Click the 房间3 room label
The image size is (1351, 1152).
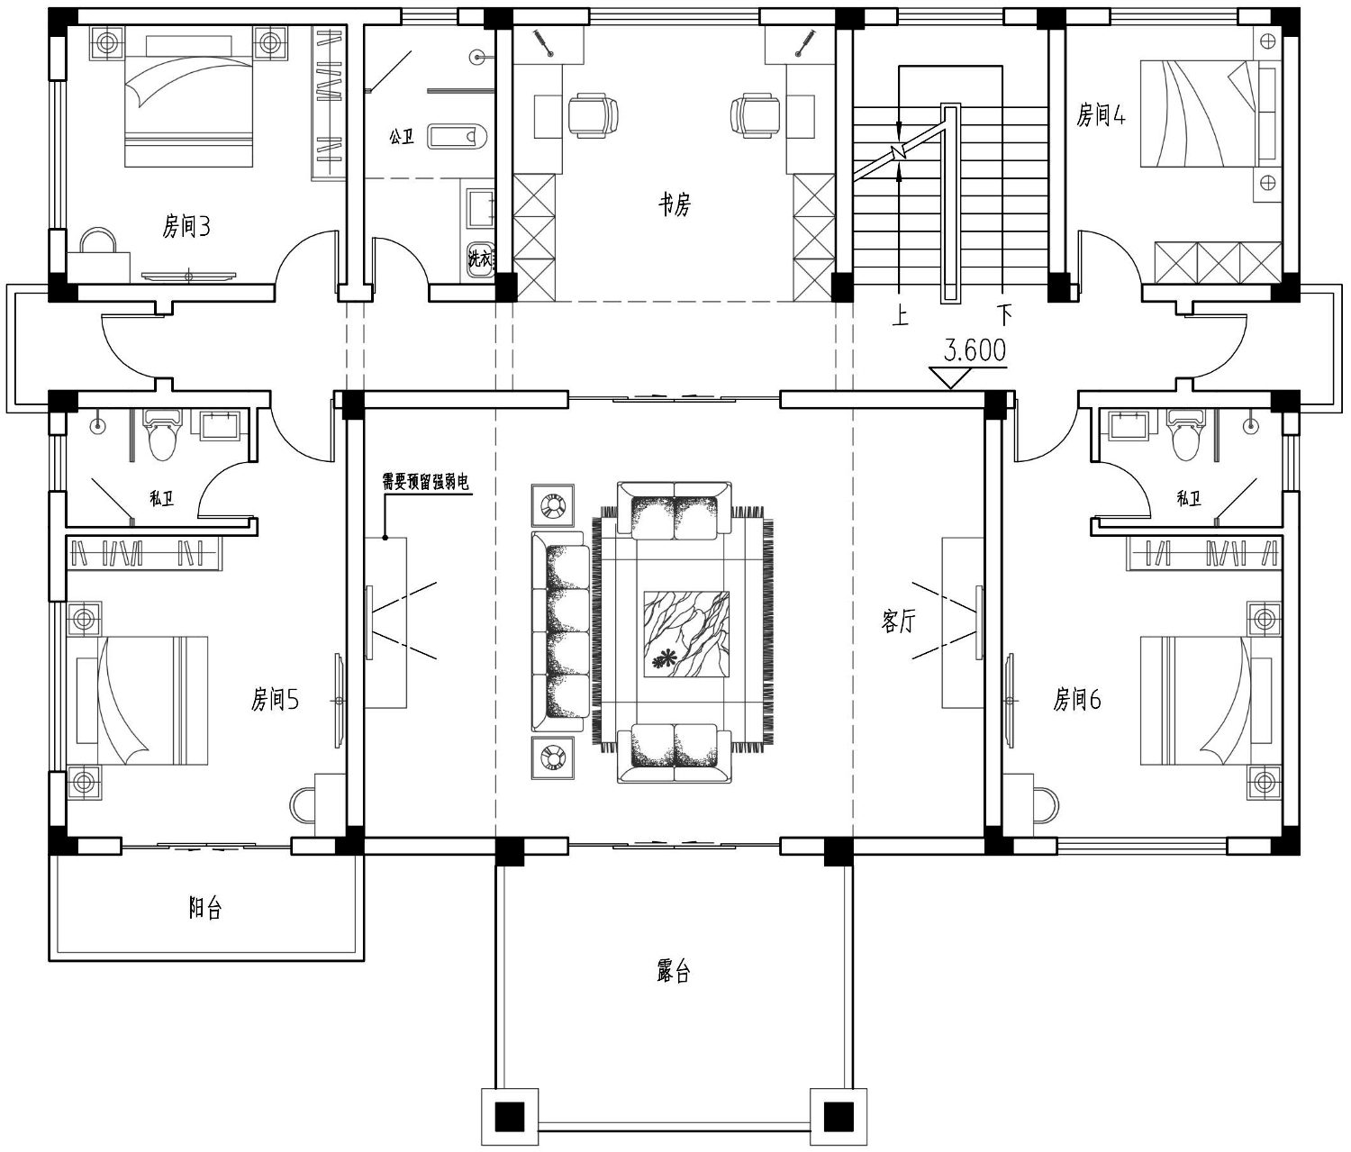pos(186,227)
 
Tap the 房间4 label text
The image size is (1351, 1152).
pos(1101,115)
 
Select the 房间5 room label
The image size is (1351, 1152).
pos(275,700)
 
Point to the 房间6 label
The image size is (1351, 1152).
pos(1076,700)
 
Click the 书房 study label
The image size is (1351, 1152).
pos(674,205)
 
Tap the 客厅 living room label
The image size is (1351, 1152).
pos(898,621)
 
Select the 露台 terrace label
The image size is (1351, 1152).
pos(673,972)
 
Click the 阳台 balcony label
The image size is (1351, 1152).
pos(205,908)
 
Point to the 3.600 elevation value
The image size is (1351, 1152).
pos(975,350)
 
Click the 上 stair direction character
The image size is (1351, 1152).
pos(900,316)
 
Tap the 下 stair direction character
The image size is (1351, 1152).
pos(1004,316)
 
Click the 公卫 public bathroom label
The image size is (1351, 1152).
pos(402,137)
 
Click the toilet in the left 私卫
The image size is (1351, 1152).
pos(161,433)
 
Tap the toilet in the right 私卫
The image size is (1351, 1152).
pos(1185,433)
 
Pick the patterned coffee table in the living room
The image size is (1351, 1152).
pos(686,633)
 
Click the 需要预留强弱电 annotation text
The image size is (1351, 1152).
pos(425,483)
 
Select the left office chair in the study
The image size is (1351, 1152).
pos(592,115)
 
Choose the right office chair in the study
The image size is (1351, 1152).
pos(755,115)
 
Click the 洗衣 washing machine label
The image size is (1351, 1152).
pos(479,259)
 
